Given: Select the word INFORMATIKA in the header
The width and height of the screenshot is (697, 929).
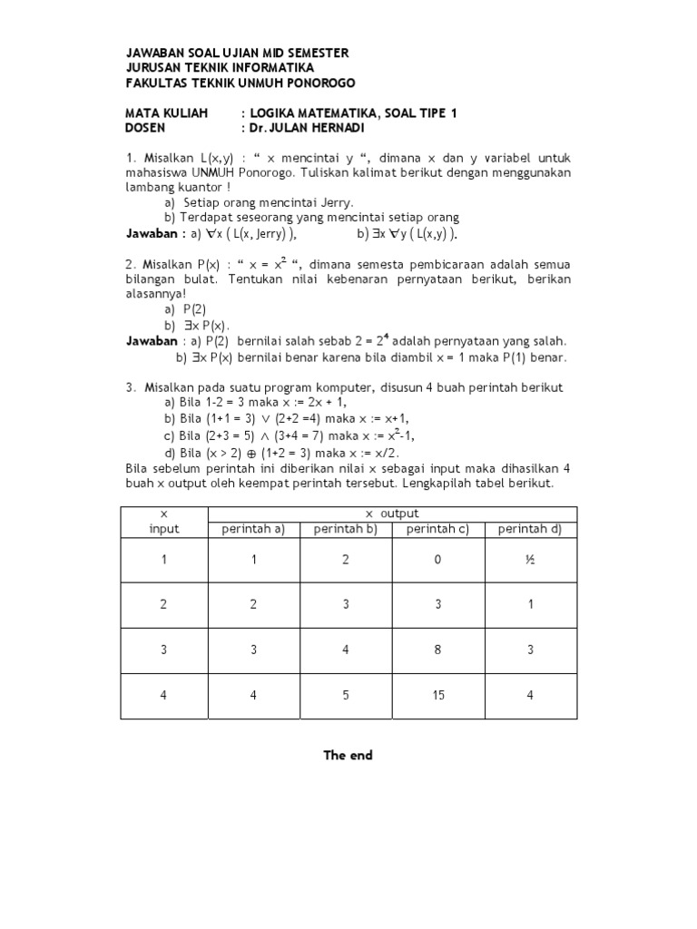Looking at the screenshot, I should tap(272, 68).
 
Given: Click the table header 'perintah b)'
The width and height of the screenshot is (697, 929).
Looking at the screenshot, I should tap(345, 529).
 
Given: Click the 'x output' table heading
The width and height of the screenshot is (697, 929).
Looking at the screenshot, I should tap(392, 513).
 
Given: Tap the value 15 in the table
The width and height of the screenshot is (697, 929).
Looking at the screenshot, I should tap(437, 697).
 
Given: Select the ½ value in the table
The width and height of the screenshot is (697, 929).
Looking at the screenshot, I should tap(530, 560).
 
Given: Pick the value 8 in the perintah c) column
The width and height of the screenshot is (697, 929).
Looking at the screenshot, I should tap(437, 650).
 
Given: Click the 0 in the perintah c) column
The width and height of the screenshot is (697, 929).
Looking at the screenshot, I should tap(437, 560).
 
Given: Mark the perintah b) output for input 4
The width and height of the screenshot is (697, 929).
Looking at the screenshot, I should tap(345, 697).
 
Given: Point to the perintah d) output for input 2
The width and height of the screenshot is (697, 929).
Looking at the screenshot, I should tap(530, 605).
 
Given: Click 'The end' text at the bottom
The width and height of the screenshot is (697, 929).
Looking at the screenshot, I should tap(348, 756).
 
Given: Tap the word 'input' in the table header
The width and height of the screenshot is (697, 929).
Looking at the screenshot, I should tap(164, 529).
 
